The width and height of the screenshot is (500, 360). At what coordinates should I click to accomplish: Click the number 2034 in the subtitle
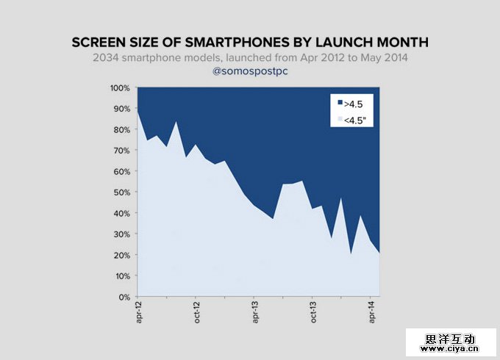click(107, 58)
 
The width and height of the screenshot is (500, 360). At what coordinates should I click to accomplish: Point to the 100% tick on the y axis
click(120, 88)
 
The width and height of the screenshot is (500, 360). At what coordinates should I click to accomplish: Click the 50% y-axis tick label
click(121, 192)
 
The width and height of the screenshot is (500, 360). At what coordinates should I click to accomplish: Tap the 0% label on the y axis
click(124, 298)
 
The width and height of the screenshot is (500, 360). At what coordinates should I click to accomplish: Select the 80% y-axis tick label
click(121, 130)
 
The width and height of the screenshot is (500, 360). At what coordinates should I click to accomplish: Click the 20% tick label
click(121, 256)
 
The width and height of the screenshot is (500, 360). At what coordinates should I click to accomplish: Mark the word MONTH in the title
click(400, 43)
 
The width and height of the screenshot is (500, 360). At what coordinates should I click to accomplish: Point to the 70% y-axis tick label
click(121, 151)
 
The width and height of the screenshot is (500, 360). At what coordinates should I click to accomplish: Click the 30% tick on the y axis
click(121, 234)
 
